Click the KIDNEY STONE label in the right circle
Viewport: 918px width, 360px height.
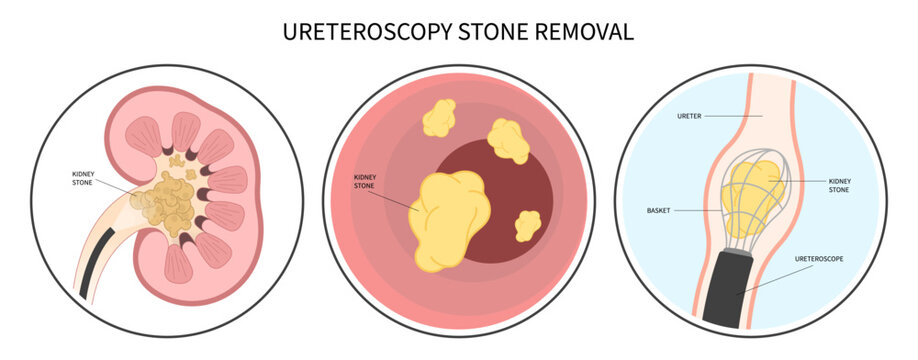[x=840, y=184]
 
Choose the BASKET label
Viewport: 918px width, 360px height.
[x=660, y=211]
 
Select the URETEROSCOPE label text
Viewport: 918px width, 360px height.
[x=820, y=258]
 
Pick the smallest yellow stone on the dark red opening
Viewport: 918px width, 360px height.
[x=527, y=225]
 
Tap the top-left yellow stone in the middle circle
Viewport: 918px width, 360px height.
[x=438, y=118]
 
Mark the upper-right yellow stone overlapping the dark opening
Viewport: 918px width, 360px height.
[x=508, y=141]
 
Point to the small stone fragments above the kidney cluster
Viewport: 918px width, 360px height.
[x=178, y=158]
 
